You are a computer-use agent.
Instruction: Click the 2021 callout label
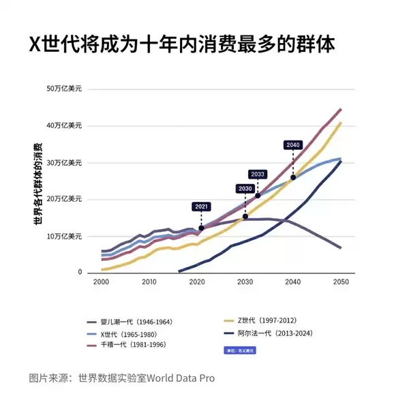tap(201, 207)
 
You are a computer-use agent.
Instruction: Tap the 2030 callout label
tap(245, 188)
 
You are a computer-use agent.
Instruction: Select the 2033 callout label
tap(258, 174)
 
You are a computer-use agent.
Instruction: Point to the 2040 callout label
tap(293, 145)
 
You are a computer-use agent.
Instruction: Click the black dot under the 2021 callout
tap(201, 228)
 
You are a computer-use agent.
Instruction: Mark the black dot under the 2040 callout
tap(293, 177)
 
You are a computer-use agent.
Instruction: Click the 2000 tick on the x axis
tap(101, 282)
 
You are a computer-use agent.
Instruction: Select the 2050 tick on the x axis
tap(341, 282)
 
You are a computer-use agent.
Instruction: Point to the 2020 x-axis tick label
tap(197, 282)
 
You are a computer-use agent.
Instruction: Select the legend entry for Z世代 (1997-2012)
tap(265, 321)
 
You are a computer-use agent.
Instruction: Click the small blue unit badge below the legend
tap(239, 350)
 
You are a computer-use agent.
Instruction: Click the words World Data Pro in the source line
tap(181, 378)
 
